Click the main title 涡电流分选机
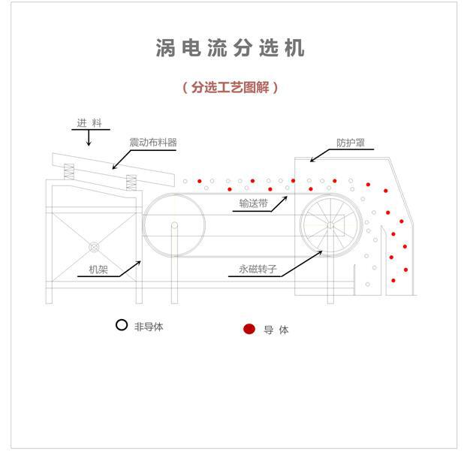230,47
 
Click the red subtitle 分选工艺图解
230,87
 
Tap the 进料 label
89,122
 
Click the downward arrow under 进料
89,137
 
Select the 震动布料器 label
153,143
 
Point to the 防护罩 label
351,143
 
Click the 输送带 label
253,203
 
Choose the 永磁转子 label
258,269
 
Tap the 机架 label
98,270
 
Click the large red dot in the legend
249,329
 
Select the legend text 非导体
149,327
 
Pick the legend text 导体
276,330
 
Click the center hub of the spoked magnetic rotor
330,225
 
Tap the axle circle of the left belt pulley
175,225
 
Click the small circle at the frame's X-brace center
94,247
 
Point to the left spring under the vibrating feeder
69,172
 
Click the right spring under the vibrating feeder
131,182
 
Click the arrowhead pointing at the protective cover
312,160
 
